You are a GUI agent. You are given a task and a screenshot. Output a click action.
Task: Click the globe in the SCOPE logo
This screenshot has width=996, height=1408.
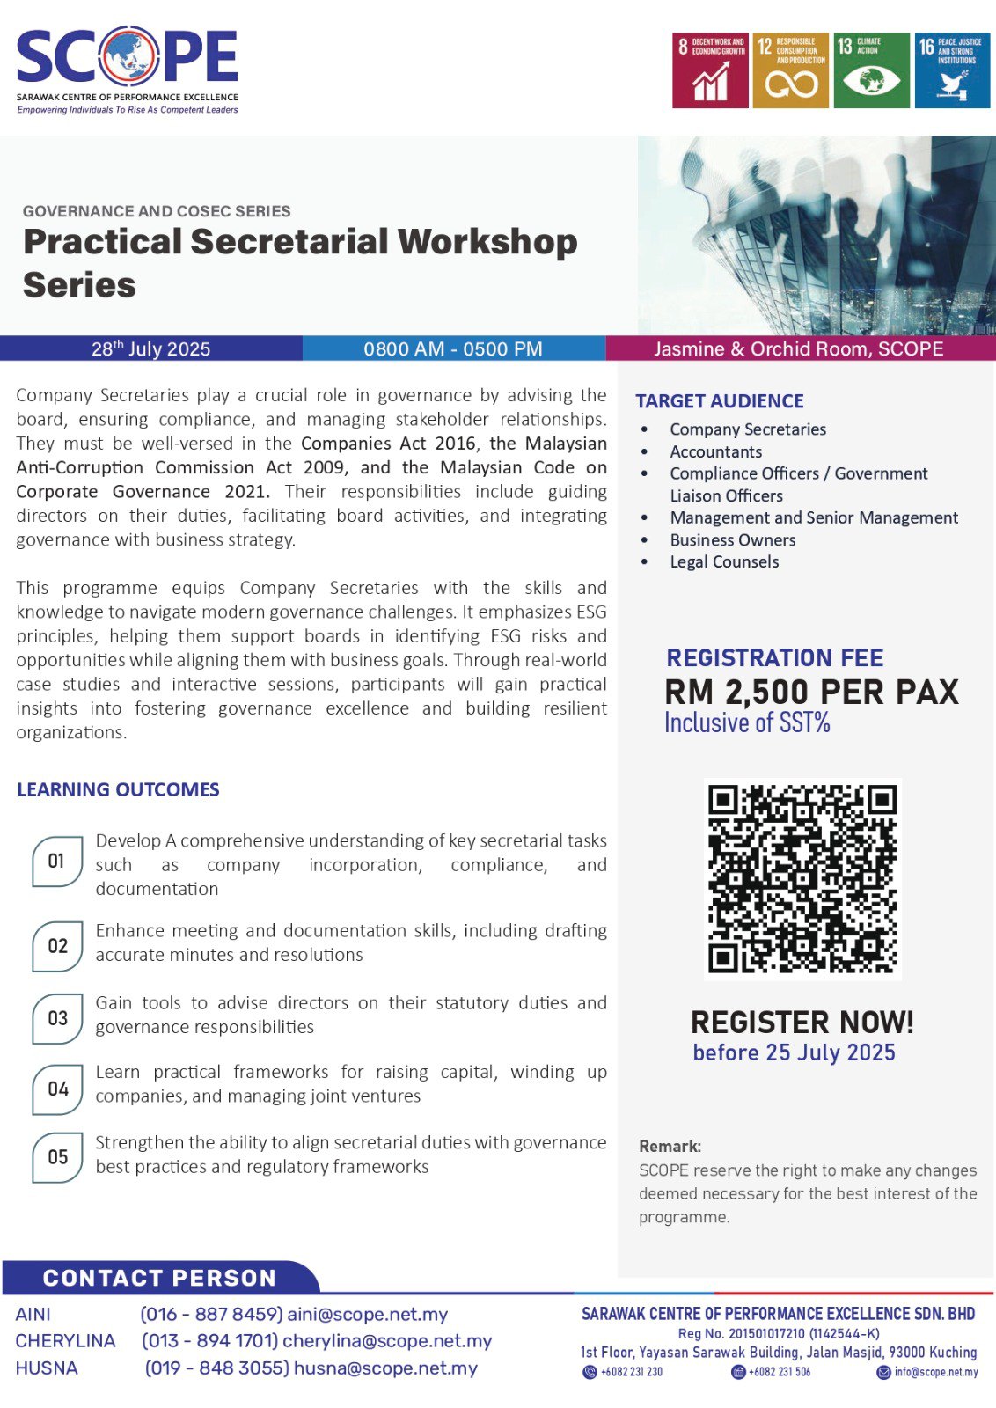click(128, 58)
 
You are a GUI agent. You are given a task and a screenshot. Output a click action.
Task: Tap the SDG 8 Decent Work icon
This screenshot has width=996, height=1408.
click(710, 70)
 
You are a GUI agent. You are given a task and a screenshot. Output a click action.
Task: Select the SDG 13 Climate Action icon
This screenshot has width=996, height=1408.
click(871, 70)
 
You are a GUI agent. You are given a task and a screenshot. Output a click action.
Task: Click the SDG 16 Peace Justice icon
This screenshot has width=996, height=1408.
click(952, 70)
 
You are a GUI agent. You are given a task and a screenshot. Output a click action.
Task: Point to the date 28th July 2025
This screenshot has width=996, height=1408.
click(150, 348)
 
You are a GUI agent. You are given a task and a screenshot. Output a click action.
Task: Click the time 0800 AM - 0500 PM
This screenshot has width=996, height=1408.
click(453, 348)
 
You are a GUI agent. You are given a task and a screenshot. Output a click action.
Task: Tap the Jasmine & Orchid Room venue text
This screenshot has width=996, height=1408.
click(798, 348)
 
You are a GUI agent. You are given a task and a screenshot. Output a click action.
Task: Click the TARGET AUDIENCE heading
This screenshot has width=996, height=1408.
click(720, 401)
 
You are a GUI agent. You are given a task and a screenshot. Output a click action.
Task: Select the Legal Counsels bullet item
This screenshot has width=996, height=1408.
click(724, 562)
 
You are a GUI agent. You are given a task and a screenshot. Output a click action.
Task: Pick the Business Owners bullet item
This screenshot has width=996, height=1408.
click(733, 540)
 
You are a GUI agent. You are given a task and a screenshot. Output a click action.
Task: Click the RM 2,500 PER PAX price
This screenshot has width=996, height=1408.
click(811, 693)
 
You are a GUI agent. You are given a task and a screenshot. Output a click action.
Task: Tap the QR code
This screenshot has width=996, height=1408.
click(802, 879)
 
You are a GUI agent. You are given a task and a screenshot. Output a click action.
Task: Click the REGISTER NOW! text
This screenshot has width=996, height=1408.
click(802, 1023)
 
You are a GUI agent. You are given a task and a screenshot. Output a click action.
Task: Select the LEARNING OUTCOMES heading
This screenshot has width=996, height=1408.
click(118, 790)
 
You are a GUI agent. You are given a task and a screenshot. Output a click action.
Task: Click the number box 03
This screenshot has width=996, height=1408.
click(58, 1018)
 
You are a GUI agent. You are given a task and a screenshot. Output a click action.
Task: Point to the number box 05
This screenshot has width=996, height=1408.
click(58, 1157)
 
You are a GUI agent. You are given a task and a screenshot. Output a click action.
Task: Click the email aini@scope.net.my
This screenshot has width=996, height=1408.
click(368, 1315)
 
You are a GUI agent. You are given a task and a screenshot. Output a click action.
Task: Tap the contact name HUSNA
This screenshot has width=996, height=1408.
click(47, 1368)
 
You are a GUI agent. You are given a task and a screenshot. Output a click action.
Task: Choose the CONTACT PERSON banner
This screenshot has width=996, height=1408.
click(159, 1278)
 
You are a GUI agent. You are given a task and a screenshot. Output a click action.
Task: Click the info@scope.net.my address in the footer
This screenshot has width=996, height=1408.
click(935, 1372)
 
